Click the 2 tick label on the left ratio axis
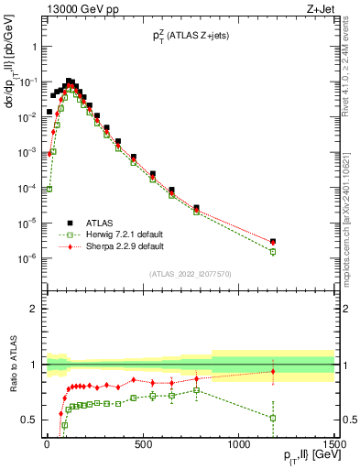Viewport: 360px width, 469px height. click(x=32, y=309)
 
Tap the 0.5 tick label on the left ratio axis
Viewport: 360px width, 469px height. click(x=28, y=420)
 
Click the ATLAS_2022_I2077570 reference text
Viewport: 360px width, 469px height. click(x=191, y=273)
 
